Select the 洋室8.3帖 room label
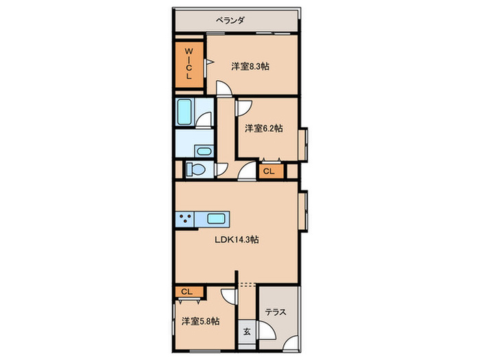tap(250, 67)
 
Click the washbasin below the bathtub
tap(204, 151)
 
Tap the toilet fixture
tap(195, 169)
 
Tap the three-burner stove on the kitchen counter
tap(184, 219)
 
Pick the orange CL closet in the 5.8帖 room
tap(187, 291)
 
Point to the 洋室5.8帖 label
tap(200, 321)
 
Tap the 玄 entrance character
tap(246, 331)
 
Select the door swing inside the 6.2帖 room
tap(243, 106)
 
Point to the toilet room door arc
tap(221, 171)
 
